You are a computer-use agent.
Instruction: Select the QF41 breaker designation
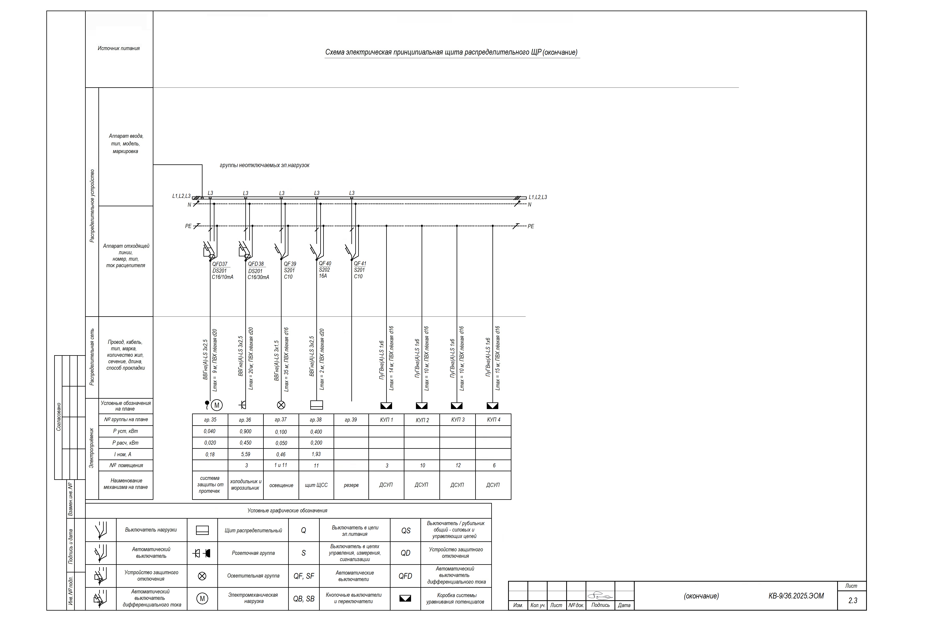(x=360, y=263)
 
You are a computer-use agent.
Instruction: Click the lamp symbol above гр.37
(x=281, y=405)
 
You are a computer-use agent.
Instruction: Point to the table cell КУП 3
(x=458, y=420)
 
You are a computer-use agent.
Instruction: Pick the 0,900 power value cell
(x=246, y=431)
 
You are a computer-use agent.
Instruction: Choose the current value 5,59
(x=246, y=454)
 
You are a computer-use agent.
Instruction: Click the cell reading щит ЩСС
(x=316, y=485)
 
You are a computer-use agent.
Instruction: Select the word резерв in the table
(x=351, y=485)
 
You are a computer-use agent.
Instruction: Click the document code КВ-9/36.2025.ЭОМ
(x=796, y=596)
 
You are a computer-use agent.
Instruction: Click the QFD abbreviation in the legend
(x=405, y=576)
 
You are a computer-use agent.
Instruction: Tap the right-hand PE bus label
(x=531, y=226)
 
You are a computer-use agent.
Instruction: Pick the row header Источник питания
(x=119, y=48)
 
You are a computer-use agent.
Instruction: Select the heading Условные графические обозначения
(x=287, y=510)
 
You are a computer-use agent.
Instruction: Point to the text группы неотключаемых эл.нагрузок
(x=265, y=165)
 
